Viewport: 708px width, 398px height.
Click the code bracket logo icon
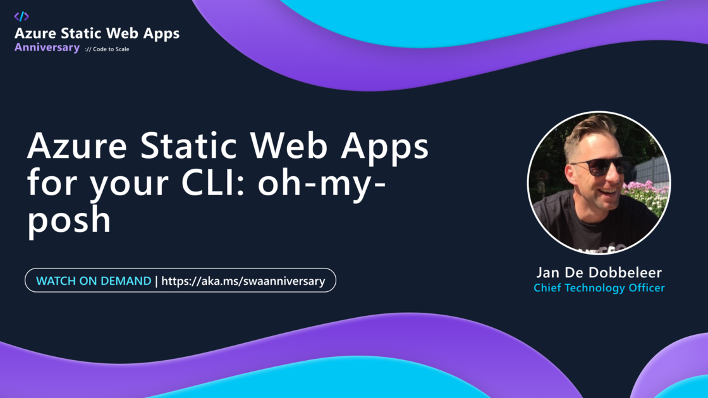click(21, 16)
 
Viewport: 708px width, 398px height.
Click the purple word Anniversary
click(47, 47)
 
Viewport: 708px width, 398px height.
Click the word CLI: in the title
click(213, 183)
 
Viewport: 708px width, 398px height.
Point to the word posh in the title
click(69, 220)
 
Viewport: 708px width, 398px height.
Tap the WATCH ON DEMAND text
click(94, 280)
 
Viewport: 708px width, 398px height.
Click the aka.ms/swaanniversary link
click(243, 281)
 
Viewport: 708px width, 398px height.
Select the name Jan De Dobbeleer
click(599, 272)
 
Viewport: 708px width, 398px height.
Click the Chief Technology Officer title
click(599, 288)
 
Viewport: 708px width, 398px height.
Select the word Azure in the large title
click(76, 145)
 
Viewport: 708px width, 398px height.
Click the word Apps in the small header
click(161, 34)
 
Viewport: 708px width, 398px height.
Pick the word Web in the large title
click(288, 145)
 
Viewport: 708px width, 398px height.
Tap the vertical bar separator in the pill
click(156, 281)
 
